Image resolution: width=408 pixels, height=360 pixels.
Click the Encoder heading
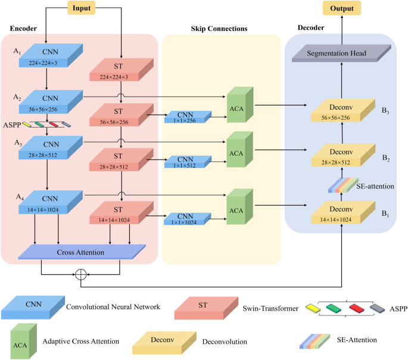[x=24, y=29]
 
